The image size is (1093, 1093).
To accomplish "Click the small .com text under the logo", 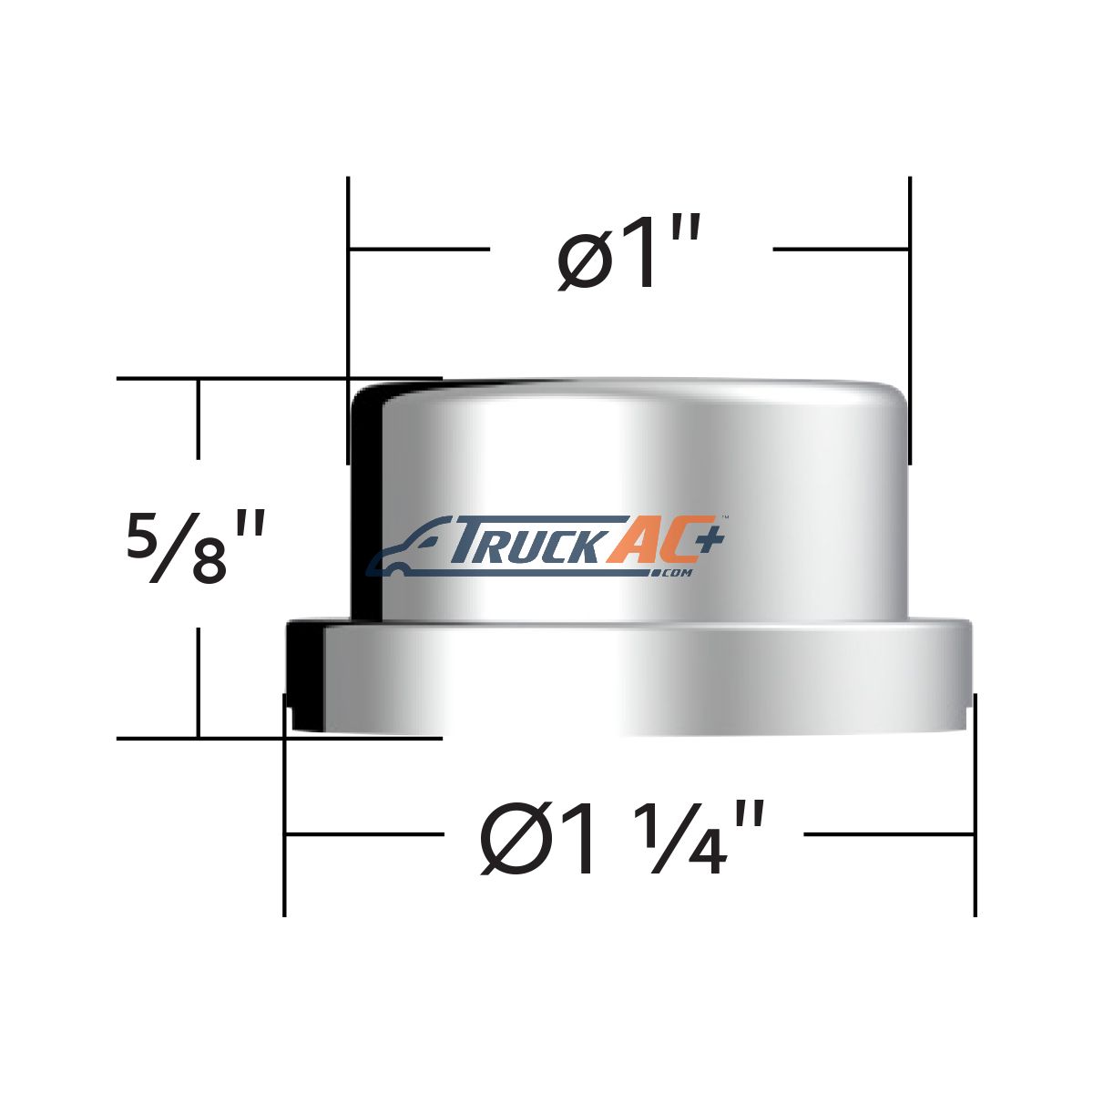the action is point(675,574).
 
